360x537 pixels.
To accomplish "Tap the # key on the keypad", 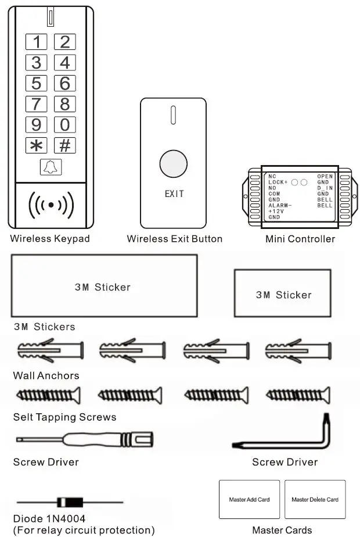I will pos(65,145).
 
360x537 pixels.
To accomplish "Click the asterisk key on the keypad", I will pos(36,145).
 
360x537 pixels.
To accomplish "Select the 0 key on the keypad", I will pos(65,124).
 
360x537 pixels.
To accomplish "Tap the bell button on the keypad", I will pos(51,167).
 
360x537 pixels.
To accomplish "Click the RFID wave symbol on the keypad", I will pos(51,205).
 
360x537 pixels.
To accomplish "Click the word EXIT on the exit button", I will pos(174,194).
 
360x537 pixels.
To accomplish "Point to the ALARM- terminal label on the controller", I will pos(280,205).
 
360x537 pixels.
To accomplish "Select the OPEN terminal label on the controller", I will pos(325,176).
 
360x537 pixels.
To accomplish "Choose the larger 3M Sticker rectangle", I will pos(103,285).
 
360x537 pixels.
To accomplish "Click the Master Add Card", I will pos(249,499).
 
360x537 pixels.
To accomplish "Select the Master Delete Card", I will pos(315,499).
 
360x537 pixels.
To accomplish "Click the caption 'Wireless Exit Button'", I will pos(174,239).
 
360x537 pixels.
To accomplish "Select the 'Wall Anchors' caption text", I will pos(46,375).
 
